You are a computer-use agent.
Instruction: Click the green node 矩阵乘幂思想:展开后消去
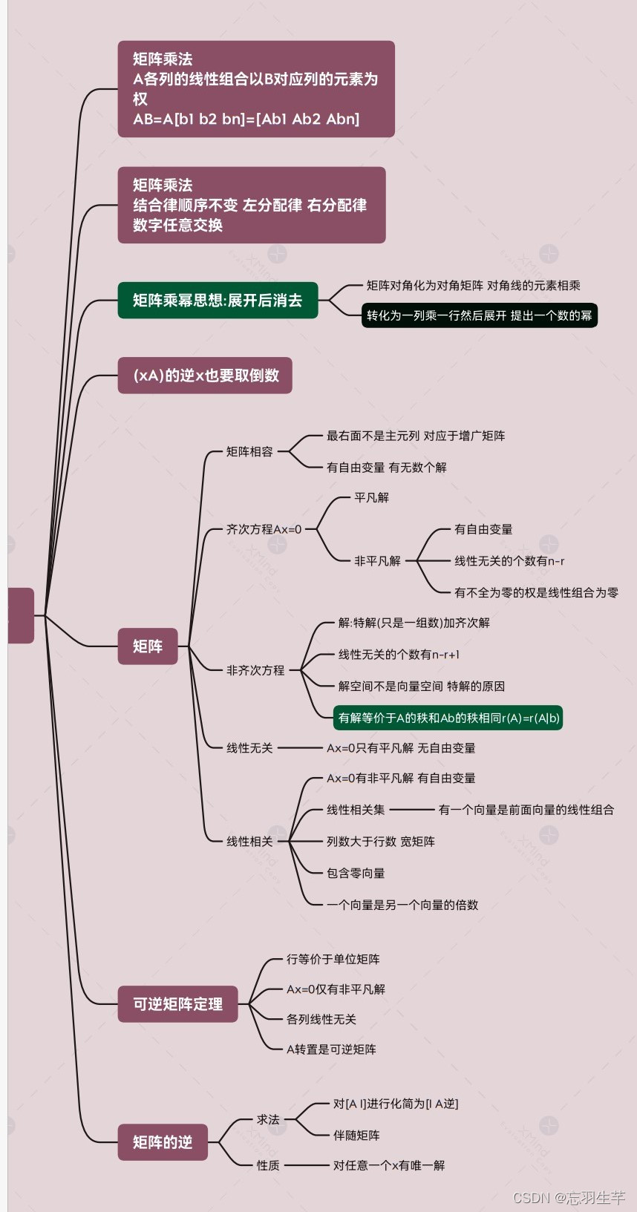click(218, 301)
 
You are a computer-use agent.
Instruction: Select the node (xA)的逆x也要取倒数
click(205, 376)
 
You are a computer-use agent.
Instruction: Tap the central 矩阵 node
click(148, 646)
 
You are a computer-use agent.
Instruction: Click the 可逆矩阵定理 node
click(177, 1004)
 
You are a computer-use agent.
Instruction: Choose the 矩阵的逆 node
click(163, 1142)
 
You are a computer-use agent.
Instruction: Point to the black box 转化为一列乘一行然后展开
click(479, 315)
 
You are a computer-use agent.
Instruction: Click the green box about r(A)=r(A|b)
click(448, 718)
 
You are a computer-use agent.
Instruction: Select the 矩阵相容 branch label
click(249, 451)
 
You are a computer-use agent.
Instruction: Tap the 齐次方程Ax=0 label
click(264, 530)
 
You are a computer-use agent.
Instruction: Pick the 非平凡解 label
click(377, 561)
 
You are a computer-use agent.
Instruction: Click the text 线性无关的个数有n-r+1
click(399, 655)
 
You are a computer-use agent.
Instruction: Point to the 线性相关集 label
click(356, 810)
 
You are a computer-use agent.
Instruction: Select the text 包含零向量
click(356, 873)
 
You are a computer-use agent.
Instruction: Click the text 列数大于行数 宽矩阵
click(381, 842)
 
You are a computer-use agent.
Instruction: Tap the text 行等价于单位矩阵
click(333, 960)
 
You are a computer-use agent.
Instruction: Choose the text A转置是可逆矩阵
click(331, 1049)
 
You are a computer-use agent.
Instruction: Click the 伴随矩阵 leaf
click(356, 1136)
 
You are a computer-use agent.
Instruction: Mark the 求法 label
click(268, 1119)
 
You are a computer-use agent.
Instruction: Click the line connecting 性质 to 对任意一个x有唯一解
click(306, 1165)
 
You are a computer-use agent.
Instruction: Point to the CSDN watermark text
click(569, 1198)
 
